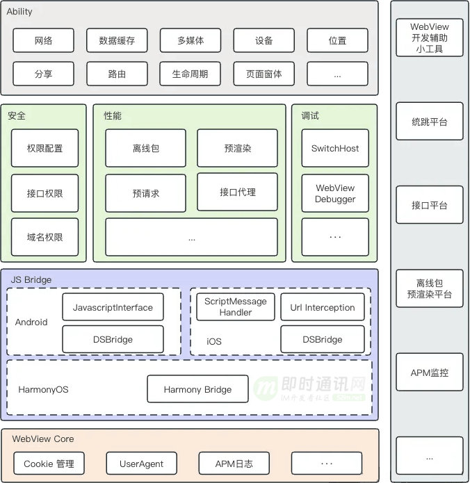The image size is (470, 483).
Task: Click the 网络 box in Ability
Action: [43, 40]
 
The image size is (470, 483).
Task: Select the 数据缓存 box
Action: [117, 40]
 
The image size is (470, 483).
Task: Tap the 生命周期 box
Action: [190, 74]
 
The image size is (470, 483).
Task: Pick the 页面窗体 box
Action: [264, 74]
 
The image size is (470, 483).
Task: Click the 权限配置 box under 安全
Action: [44, 148]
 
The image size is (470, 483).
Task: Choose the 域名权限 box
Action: [44, 237]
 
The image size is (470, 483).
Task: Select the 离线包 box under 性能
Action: [146, 148]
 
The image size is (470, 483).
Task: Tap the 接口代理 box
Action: [238, 192]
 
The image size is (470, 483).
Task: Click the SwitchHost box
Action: [335, 148]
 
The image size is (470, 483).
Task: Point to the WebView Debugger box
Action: [335, 193]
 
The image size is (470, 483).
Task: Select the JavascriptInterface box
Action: [113, 307]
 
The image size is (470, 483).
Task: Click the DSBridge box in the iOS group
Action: [322, 340]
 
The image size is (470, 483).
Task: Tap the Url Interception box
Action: [322, 307]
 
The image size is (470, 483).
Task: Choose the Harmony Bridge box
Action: [197, 389]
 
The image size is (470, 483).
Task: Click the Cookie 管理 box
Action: [49, 464]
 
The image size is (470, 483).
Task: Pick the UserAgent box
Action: [142, 464]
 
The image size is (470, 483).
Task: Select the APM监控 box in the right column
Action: [430, 373]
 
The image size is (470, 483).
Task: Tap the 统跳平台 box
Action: [430, 122]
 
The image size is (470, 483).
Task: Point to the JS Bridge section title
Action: [31, 279]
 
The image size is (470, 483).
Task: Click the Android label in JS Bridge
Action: [31, 322]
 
